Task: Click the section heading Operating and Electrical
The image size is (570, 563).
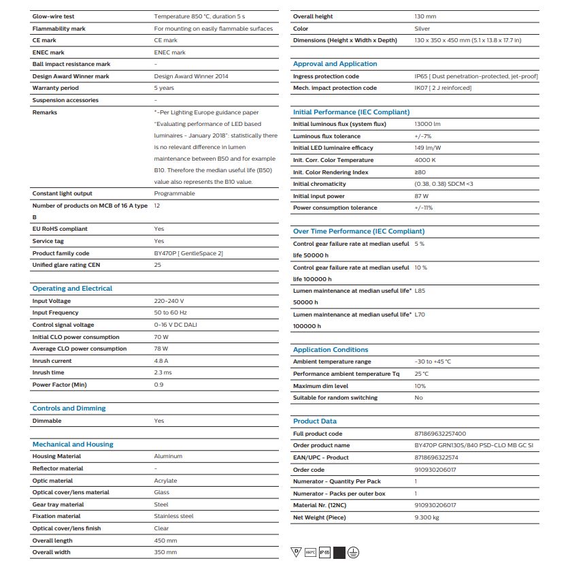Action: tap(72, 289)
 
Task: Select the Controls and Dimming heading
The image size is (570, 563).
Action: tap(69, 408)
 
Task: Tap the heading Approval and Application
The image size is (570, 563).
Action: tap(335, 64)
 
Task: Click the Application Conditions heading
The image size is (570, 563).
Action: tap(331, 350)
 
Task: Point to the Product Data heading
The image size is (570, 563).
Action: tap(314, 421)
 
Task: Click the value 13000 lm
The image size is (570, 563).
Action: tap(427, 124)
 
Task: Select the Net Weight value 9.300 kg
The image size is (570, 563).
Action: tap(426, 517)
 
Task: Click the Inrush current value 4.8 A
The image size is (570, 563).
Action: tap(161, 361)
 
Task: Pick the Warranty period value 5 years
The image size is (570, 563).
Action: tap(164, 88)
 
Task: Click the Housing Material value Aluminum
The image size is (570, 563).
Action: tap(168, 456)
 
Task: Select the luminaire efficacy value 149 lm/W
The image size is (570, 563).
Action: tap(428, 148)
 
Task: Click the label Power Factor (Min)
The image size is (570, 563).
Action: tap(59, 385)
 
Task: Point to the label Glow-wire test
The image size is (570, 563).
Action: tap(54, 16)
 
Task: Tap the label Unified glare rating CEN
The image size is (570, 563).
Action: tap(66, 264)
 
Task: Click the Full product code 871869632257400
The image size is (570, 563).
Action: tap(440, 434)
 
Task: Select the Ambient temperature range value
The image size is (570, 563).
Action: tap(433, 361)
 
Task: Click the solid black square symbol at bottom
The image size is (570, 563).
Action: tap(339, 552)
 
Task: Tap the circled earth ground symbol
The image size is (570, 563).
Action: tap(353, 552)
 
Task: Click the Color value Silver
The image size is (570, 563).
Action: tap(422, 29)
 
